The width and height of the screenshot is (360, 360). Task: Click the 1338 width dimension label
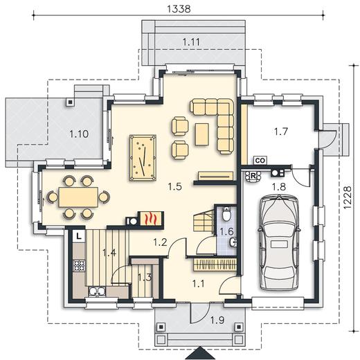pos(179,9)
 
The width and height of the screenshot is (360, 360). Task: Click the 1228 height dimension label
pos(347,197)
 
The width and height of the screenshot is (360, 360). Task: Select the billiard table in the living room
pos(143,158)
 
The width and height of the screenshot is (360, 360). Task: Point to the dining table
pos(78,197)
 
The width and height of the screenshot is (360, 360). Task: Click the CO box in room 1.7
pos(260,160)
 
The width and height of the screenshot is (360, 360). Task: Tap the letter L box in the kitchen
pos(79,236)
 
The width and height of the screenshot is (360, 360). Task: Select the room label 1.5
pos(174,186)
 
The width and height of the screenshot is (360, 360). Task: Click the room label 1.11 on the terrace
pos(191,42)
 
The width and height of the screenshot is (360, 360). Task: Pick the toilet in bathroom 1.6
pos(226,214)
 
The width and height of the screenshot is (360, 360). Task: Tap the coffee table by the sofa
pos(202,134)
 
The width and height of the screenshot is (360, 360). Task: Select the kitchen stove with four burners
pos(79,265)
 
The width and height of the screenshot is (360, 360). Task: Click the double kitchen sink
pos(97,291)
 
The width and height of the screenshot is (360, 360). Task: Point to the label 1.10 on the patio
pos(79,134)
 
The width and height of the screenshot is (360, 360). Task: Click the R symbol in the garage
pos(253,177)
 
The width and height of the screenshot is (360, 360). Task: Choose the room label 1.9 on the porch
pos(217,321)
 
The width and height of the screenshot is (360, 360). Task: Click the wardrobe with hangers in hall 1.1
pos(215,264)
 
